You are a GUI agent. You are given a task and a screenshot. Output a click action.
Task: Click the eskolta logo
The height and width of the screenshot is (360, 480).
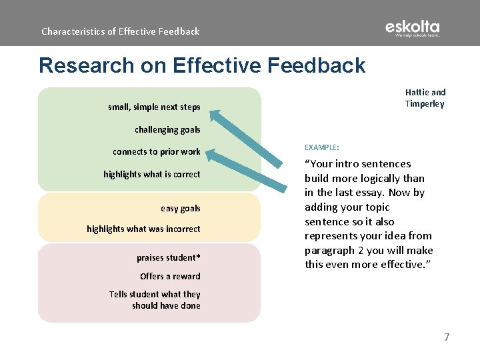(x=412, y=29)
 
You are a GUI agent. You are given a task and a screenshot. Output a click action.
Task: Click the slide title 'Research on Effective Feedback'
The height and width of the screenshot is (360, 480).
(x=202, y=65)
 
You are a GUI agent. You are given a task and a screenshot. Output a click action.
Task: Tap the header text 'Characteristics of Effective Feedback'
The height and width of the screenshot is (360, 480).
(x=120, y=31)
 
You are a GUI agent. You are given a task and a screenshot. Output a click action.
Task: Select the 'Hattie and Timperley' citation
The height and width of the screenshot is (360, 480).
(x=425, y=98)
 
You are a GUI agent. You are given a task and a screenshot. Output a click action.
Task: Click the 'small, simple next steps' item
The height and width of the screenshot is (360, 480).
(x=154, y=107)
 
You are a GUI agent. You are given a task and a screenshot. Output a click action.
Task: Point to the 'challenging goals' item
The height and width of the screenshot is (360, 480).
(x=167, y=130)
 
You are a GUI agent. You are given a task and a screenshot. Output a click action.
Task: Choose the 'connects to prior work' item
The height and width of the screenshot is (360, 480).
(x=156, y=152)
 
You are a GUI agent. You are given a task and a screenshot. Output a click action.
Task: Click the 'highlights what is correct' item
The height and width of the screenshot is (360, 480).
(x=151, y=175)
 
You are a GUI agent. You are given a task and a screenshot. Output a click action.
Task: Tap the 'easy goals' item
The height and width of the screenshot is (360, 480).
(x=180, y=209)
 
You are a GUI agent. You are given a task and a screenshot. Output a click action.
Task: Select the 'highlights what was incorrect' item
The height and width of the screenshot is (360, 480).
(x=143, y=229)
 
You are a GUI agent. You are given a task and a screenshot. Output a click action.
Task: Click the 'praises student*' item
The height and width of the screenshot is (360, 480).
(x=168, y=258)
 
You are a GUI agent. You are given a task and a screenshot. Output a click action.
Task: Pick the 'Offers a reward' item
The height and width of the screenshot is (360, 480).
(x=170, y=277)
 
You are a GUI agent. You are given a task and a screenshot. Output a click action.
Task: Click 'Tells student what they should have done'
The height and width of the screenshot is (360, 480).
(x=155, y=300)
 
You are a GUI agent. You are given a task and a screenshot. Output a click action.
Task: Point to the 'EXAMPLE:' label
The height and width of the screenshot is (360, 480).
(x=321, y=147)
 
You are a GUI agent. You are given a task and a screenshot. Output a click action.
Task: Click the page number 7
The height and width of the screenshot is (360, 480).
(x=447, y=337)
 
